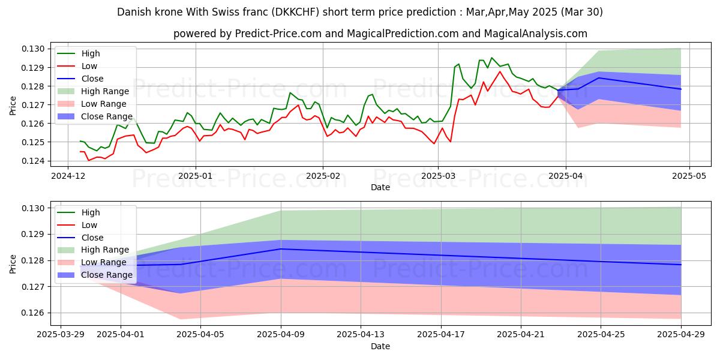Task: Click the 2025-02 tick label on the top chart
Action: [323, 177]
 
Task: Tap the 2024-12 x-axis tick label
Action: [67, 177]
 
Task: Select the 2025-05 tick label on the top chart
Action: [689, 177]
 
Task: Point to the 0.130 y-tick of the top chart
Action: [35, 49]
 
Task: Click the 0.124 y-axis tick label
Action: [35, 161]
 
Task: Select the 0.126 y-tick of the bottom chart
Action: [35, 313]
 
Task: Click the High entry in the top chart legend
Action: [90, 53]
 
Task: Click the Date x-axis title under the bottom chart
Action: [380, 347]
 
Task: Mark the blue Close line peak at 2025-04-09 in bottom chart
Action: [281, 249]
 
